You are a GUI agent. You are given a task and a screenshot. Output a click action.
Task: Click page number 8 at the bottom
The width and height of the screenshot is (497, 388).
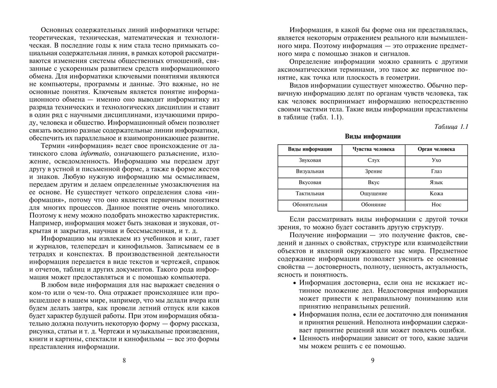click(x=124, y=360)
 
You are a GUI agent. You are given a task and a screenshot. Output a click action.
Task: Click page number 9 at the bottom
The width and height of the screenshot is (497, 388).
click(x=372, y=360)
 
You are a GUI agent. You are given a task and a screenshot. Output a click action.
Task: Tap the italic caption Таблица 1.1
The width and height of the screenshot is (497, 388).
click(x=451, y=126)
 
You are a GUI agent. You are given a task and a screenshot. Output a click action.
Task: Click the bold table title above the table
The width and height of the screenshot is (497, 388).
click(x=372, y=136)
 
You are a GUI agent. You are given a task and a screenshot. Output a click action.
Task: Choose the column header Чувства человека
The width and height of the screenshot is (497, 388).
click(x=373, y=149)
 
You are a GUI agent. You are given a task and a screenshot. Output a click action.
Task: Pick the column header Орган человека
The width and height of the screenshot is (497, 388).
click(x=436, y=149)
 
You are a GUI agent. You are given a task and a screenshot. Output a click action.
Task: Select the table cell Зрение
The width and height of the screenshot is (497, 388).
click(x=373, y=171)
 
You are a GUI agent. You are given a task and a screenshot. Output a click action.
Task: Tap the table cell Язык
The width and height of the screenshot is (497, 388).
click(x=436, y=182)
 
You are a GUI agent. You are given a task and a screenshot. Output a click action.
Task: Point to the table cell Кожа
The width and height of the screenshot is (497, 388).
click(x=436, y=193)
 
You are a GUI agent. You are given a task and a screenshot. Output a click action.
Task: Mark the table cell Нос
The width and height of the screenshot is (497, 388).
click(x=436, y=204)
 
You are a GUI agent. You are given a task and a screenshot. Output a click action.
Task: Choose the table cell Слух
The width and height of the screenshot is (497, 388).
click(x=373, y=160)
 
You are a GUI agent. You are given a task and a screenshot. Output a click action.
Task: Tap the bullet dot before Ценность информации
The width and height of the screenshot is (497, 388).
click(x=294, y=339)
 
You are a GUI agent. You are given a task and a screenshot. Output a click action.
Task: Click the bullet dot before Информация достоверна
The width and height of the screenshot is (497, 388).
click(x=294, y=283)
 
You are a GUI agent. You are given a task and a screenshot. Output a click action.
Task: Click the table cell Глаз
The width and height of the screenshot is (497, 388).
click(x=436, y=171)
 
